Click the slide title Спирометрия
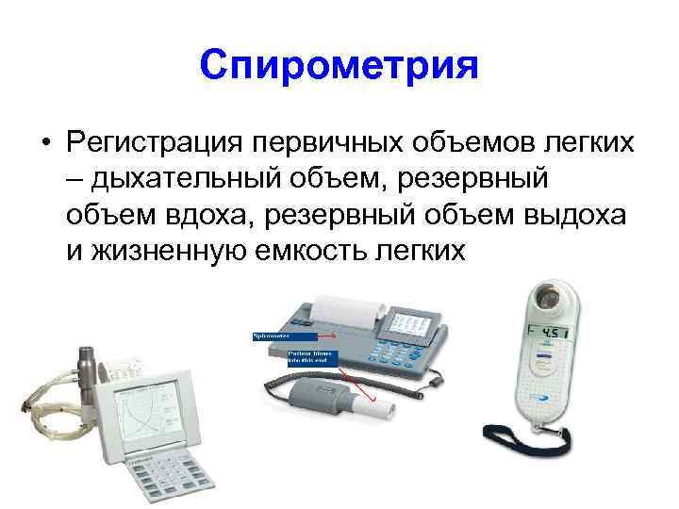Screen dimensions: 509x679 339,66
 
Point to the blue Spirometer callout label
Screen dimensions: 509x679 284,335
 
